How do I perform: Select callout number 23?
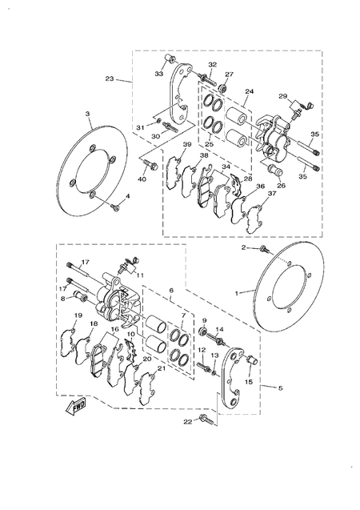coord(110,78)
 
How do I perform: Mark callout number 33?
coord(158,73)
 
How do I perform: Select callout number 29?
coord(282,96)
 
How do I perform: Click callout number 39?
coord(186,145)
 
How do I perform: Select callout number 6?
coord(170,293)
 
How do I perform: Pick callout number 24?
coord(249,92)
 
